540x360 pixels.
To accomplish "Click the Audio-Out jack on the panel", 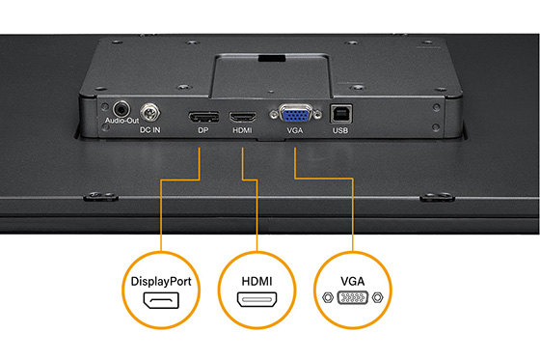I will (x=121, y=109).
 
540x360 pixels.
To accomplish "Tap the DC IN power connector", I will (x=149, y=112).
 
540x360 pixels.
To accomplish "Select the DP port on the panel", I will (x=202, y=116).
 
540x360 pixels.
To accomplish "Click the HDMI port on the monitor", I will (x=241, y=116).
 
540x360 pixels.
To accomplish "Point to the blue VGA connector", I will (x=293, y=115).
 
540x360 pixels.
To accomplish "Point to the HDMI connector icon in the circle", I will (x=256, y=302).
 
